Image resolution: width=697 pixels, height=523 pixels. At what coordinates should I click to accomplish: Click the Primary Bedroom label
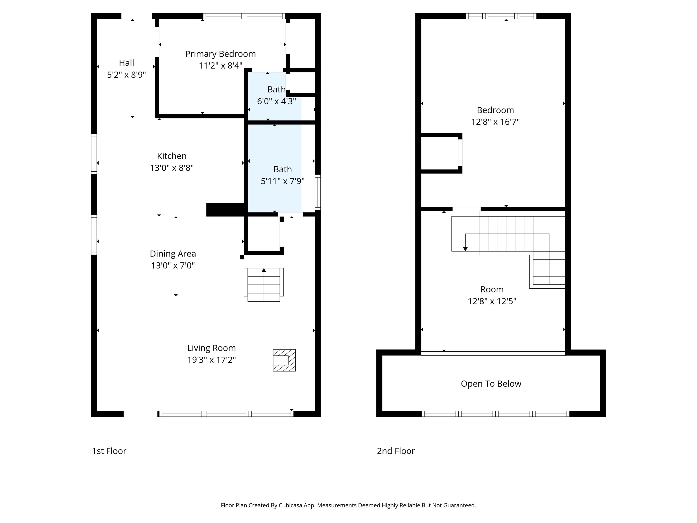coord(220,54)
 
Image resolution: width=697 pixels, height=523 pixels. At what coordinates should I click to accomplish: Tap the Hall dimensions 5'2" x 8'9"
coord(126,75)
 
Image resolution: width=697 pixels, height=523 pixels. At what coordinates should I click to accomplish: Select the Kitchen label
coord(172,156)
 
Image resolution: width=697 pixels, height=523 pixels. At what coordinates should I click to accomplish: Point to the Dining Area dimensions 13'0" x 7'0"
coord(173,265)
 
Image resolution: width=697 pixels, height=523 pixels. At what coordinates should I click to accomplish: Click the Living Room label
coord(211,348)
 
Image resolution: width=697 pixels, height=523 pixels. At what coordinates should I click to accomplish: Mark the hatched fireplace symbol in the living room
coord(284,360)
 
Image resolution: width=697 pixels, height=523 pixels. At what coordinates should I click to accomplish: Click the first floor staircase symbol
coord(264,285)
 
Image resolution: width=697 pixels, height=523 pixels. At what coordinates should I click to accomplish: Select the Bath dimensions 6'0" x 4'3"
coord(276,101)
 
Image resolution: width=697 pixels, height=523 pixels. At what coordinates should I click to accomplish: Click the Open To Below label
coord(491,384)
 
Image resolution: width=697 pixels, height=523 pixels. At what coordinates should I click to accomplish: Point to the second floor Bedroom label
coord(495,110)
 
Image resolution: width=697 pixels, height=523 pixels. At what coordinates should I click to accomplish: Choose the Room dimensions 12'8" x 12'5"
coord(492,301)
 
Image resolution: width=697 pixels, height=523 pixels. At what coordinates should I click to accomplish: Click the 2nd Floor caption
coord(396,451)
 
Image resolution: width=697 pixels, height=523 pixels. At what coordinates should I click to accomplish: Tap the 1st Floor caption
coord(109,451)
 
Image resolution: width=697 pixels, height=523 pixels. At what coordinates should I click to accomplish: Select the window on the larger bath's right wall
coord(318,192)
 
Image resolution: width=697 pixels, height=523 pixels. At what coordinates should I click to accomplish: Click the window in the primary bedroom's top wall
coord(244,16)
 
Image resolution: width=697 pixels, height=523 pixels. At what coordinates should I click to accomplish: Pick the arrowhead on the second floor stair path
coord(465,249)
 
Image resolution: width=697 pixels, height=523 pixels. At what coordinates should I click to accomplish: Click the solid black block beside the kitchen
coord(225,210)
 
